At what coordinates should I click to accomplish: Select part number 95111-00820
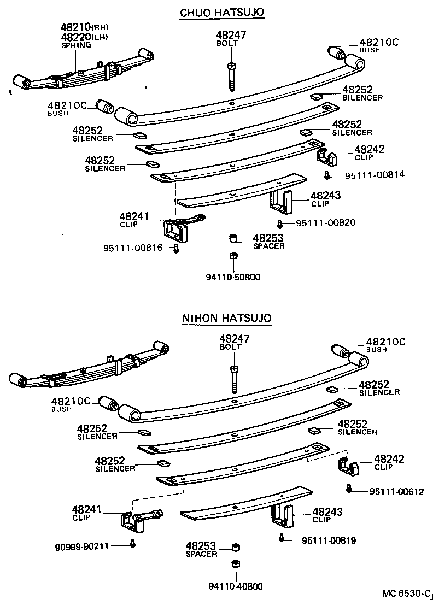tap(326, 222)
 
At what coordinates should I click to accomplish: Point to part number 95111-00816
tap(133, 248)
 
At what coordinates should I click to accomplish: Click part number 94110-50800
tap(233, 277)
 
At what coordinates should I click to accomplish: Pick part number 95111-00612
tap(393, 491)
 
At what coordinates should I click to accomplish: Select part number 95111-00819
tap(329, 540)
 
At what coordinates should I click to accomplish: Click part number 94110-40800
tap(235, 586)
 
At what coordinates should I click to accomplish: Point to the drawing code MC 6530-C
tap(407, 593)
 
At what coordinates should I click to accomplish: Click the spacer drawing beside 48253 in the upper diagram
tap(232, 238)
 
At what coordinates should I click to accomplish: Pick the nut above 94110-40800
tap(235, 565)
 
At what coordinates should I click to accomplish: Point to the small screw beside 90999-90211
tap(132, 543)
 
